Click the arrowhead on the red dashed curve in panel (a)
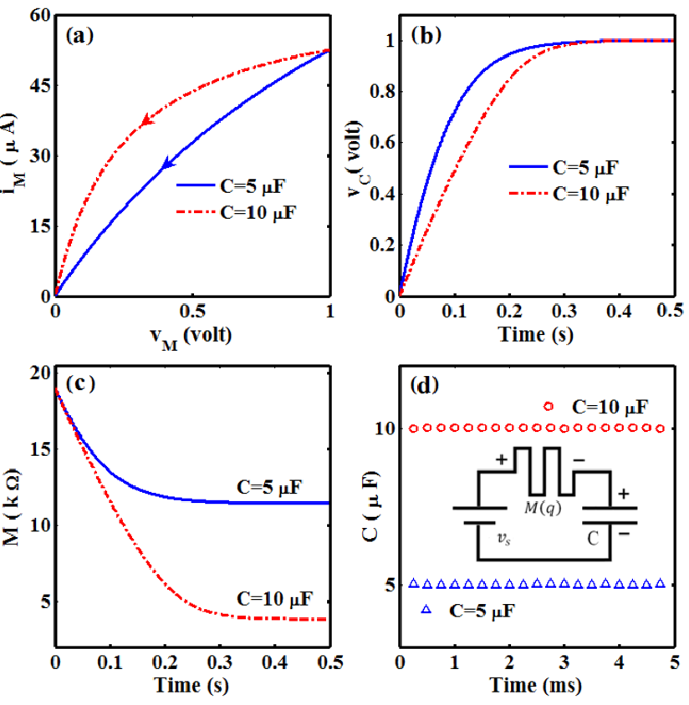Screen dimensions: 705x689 [146, 121]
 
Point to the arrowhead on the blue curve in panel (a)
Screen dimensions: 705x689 [168, 163]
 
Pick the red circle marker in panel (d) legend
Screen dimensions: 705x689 [548, 407]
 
